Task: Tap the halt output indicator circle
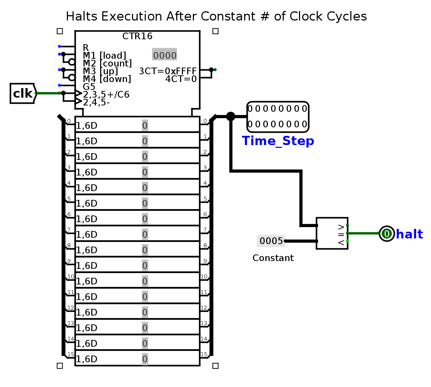point(386,234)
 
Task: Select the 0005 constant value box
point(271,241)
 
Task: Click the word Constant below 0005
point(273,258)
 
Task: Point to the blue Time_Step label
point(278,141)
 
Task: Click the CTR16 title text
point(137,36)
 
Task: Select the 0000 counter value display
point(165,54)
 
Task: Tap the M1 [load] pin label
point(104,56)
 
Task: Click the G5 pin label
point(89,87)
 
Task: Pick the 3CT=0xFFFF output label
point(168,71)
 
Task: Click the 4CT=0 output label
point(181,79)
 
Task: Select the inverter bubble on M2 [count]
point(72,62)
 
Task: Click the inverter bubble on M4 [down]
point(72,77)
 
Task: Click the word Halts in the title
point(82,16)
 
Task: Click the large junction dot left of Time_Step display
point(231,116)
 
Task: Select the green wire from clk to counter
point(48,93)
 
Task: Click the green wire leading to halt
point(363,233)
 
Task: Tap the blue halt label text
point(409,234)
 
